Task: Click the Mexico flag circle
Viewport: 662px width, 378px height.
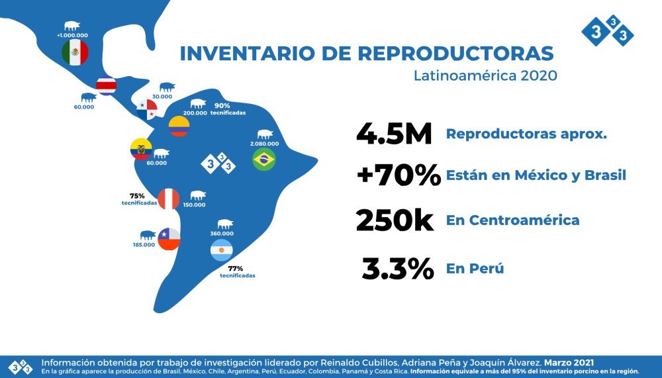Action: (x=75, y=52)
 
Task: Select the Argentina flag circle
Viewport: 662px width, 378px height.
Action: (x=221, y=250)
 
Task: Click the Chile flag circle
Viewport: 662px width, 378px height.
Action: (x=168, y=238)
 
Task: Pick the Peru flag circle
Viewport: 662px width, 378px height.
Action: (x=169, y=199)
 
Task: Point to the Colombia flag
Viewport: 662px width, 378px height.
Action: (x=179, y=126)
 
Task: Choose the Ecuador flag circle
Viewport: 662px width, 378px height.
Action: (x=141, y=150)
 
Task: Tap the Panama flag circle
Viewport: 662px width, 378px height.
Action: (x=147, y=109)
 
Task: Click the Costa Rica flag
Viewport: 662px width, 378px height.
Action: (x=106, y=86)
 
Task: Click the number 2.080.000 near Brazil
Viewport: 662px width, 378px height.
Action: (x=264, y=144)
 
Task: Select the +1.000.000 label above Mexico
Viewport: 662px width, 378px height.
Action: (x=72, y=34)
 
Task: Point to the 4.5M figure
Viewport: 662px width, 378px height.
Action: (x=394, y=134)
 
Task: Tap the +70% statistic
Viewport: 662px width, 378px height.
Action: (x=398, y=176)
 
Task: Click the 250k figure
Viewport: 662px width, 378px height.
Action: (x=395, y=220)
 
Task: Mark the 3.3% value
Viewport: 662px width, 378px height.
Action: (x=398, y=269)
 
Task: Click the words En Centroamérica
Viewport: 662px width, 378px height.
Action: (x=512, y=220)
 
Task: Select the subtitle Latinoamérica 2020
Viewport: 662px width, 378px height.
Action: (x=485, y=75)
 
